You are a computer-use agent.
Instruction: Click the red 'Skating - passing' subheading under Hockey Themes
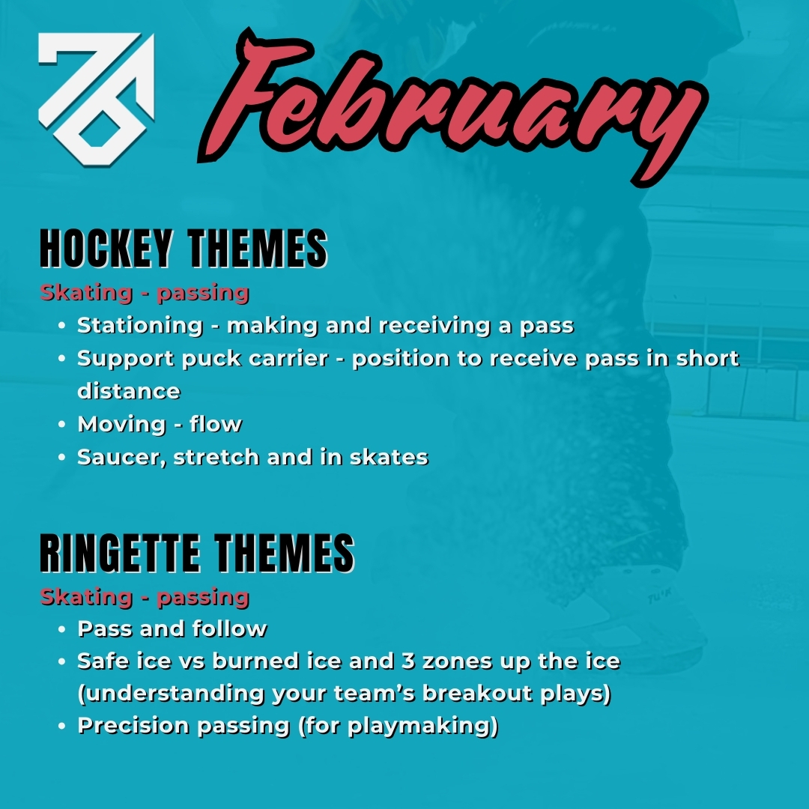pyautogui.click(x=145, y=292)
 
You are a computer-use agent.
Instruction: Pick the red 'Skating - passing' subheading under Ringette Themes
pyautogui.click(x=145, y=597)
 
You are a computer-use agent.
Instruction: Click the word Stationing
pyautogui.click(x=140, y=326)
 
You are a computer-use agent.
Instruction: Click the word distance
pyautogui.click(x=128, y=391)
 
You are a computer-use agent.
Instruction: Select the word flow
pyautogui.click(x=216, y=424)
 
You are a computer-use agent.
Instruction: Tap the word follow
pyautogui.click(x=230, y=628)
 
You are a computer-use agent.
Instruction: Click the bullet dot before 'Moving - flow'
pyautogui.click(x=63, y=425)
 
